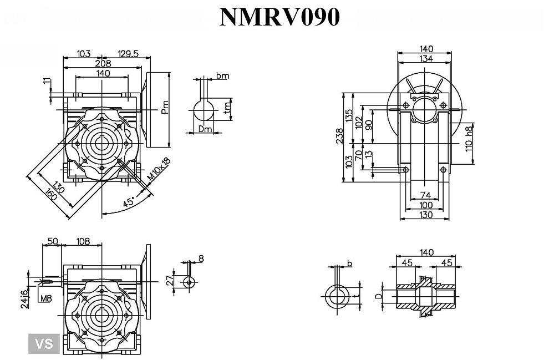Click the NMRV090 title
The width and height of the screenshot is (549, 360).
point(279,17)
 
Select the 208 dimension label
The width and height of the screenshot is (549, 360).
point(103,63)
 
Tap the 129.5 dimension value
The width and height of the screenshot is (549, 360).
point(128,53)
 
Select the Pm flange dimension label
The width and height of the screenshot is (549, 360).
point(165,107)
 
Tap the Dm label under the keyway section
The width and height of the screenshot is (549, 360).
point(205,129)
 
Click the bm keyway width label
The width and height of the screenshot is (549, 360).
point(222,76)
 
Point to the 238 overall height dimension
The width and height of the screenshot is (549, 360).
point(339,136)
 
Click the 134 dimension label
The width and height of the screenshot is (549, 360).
point(426,59)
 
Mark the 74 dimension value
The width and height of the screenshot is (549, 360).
point(425,195)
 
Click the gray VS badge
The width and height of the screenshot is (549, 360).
point(43,343)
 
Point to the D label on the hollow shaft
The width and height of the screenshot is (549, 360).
point(379,296)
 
